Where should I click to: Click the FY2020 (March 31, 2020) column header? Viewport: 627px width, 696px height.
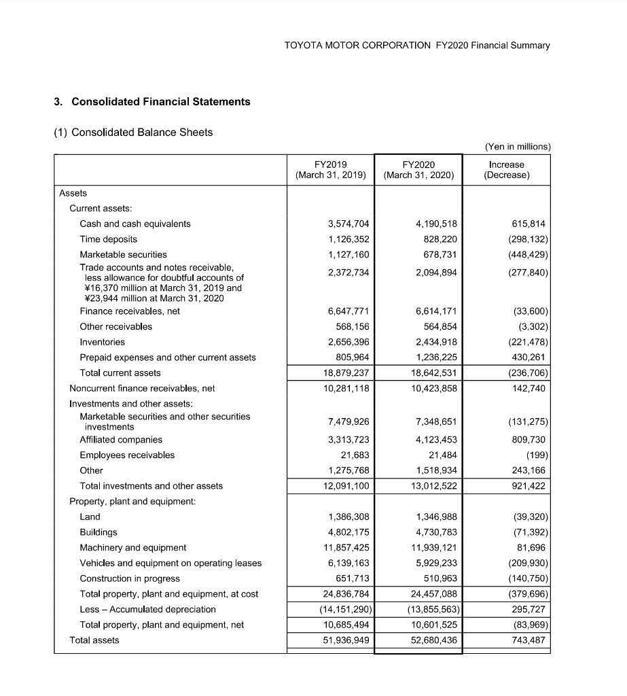point(418,169)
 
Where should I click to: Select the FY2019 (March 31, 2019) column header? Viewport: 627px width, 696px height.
point(331,169)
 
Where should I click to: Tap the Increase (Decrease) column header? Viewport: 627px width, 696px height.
point(506,169)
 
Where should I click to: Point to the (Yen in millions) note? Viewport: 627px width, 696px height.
point(518,146)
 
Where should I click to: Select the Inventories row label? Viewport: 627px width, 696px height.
point(102,342)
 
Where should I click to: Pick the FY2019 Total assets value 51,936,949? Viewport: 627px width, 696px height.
point(344,640)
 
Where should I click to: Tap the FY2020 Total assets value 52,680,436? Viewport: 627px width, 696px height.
point(431,640)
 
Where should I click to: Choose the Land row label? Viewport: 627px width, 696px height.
point(90,517)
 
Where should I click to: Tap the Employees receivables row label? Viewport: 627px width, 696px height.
point(127,455)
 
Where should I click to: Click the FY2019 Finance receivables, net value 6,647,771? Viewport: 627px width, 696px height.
point(348,311)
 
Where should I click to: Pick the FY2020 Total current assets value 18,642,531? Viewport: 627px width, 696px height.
point(431,372)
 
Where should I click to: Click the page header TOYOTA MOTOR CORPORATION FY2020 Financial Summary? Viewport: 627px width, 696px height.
point(417,46)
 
